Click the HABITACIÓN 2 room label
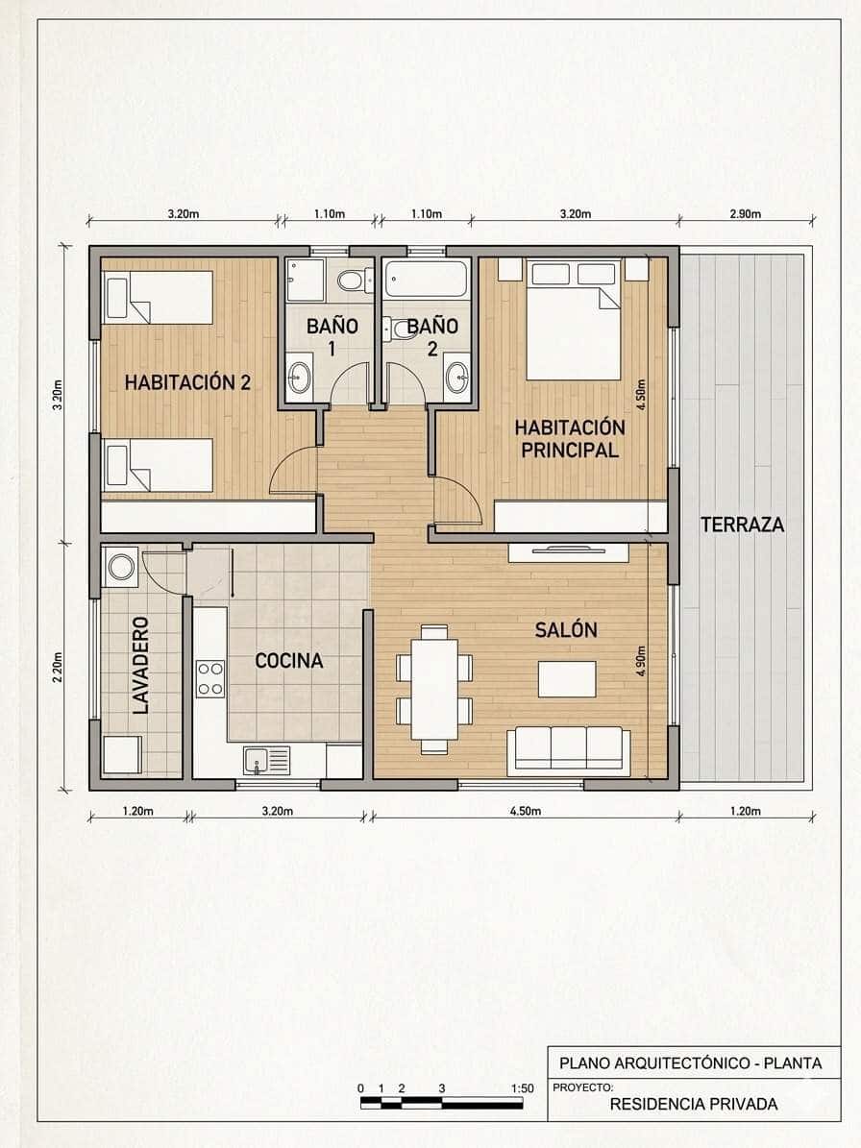187,382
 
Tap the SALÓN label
566,630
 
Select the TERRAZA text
742,525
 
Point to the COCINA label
288,661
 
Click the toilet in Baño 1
351,281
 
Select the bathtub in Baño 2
426,280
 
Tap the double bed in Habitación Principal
573,320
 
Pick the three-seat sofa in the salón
568,750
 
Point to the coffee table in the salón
566,678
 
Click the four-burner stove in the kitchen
210,678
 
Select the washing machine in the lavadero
122,566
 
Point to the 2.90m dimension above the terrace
745,214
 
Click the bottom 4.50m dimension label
525,812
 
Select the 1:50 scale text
522,1088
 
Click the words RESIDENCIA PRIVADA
693,1104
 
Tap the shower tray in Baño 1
306,279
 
